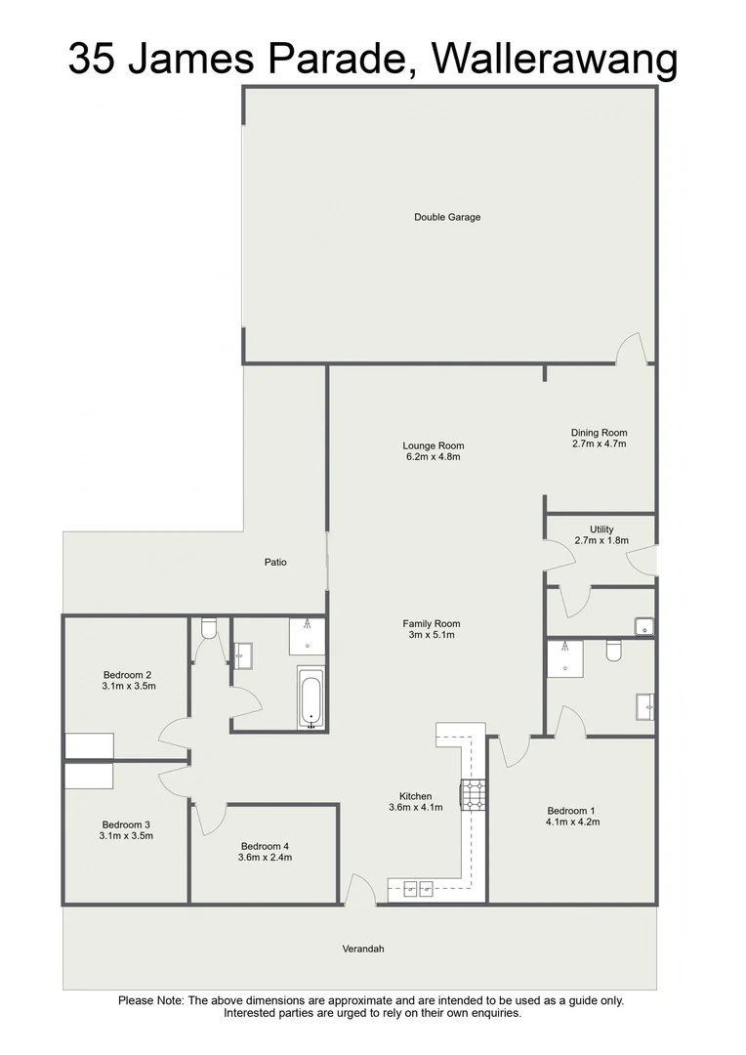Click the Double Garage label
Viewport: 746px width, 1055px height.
click(447, 217)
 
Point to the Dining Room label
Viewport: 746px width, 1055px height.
click(599, 433)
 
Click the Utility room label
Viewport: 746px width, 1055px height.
click(601, 529)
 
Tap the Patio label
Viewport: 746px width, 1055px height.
click(275, 562)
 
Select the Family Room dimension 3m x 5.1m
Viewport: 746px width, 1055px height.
click(431, 635)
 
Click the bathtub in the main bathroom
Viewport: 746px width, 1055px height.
click(310, 698)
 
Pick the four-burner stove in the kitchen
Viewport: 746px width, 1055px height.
click(474, 795)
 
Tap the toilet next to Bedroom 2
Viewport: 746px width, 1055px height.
click(206, 630)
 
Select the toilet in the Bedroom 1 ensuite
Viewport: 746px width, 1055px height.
click(612, 650)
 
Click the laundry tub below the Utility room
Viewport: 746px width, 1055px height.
click(643, 626)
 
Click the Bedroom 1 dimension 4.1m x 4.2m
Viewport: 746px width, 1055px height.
click(572, 823)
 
